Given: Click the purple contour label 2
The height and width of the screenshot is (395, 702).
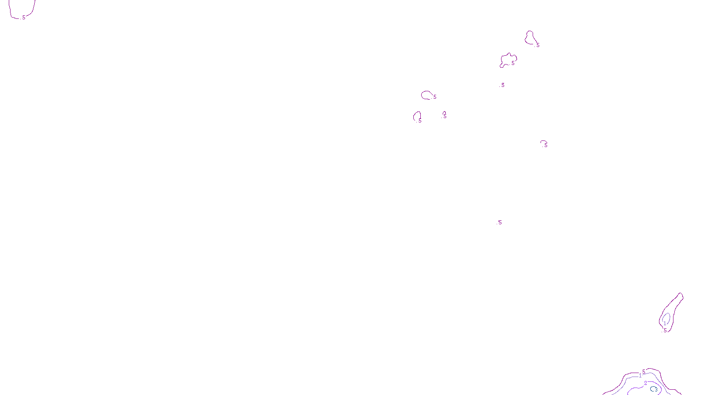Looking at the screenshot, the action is click(645, 383).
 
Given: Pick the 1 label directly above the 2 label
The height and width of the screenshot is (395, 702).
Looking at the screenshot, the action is click(640, 376).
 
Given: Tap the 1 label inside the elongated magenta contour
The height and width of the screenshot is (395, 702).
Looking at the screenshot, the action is click(665, 323).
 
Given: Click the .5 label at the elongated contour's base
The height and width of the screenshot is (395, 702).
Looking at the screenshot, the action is click(665, 330).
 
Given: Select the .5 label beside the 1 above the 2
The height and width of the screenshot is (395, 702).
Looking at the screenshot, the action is click(644, 371).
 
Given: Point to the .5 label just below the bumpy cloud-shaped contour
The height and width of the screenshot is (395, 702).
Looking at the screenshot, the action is click(502, 85).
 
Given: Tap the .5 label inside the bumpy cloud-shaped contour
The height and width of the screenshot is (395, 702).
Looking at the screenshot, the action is click(512, 63).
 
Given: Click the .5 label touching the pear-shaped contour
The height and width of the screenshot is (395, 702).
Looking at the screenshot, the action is click(537, 45).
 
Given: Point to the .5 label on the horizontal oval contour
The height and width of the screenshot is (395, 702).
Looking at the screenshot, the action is click(434, 97).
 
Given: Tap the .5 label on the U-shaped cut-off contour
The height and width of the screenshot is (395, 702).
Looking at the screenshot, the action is click(23, 18).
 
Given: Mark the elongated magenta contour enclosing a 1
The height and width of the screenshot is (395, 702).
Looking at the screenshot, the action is click(676, 303).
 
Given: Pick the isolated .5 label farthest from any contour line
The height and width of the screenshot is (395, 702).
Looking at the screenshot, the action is click(500, 223).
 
